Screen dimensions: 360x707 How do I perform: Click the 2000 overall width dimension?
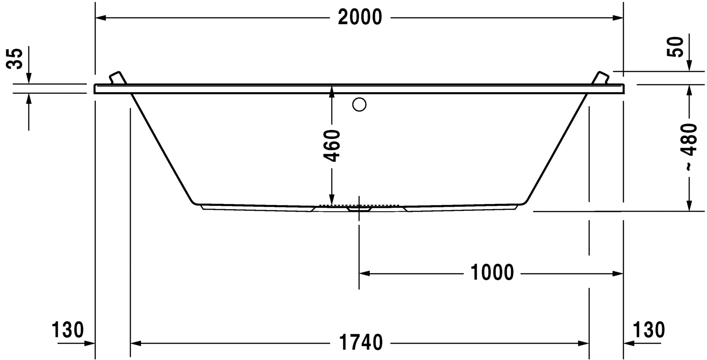[360, 17]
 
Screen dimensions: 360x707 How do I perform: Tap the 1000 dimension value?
[492, 272]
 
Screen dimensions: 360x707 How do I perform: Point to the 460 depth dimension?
[332, 145]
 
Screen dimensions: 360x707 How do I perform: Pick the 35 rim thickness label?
[15, 58]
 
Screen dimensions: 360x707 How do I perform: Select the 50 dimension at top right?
[676, 47]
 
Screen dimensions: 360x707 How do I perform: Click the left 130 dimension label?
[68, 330]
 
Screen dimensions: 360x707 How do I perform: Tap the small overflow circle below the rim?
[359, 105]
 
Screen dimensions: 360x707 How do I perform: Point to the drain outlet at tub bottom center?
[359, 208]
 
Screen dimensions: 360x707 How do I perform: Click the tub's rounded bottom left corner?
[194, 202]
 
